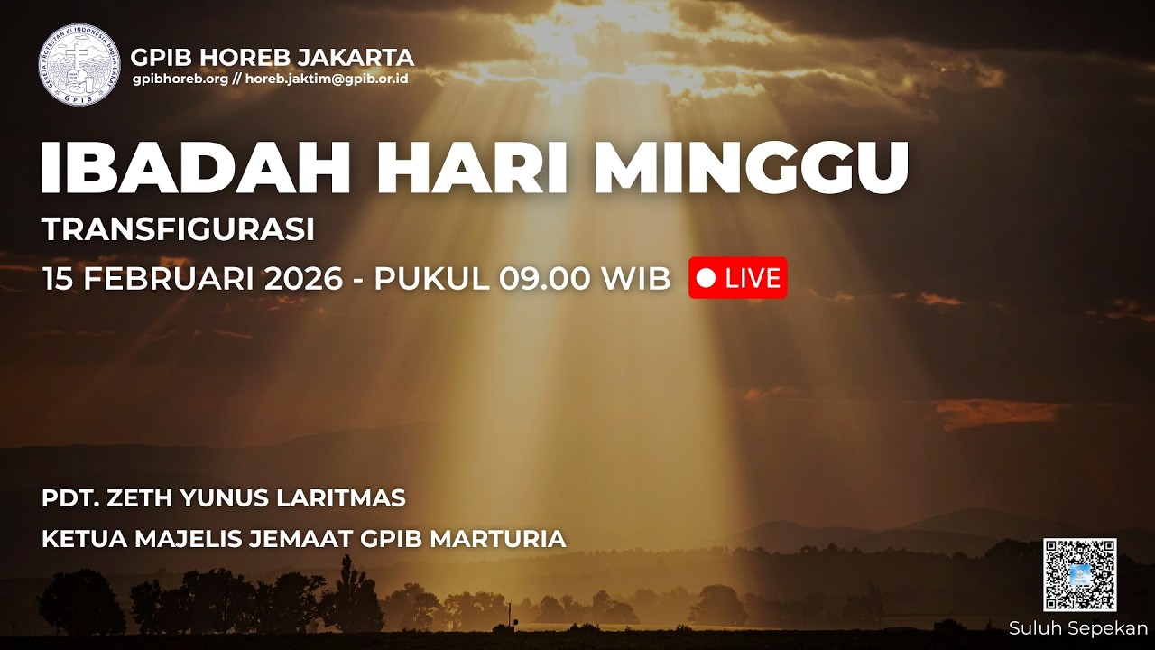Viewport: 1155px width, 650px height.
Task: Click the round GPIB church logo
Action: click(79, 65)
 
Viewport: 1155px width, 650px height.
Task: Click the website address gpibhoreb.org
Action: click(180, 79)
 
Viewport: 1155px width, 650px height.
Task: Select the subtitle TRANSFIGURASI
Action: click(178, 230)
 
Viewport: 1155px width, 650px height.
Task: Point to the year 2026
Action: click(304, 279)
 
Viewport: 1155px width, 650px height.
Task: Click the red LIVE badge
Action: click(737, 278)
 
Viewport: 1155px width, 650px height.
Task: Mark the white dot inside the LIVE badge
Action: click(707, 278)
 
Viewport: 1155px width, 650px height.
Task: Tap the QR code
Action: click(1080, 575)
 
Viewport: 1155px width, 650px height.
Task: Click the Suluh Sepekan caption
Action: click(1078, 628)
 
